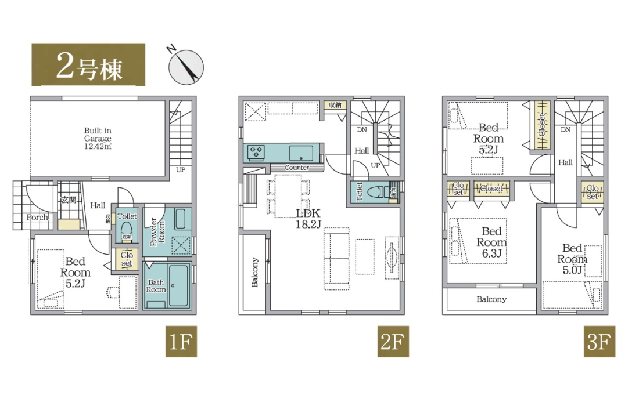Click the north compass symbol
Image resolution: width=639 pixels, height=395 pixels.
[186, 67]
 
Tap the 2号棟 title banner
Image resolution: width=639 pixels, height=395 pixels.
[88, 65]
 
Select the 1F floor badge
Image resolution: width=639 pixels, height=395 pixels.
[181, 341]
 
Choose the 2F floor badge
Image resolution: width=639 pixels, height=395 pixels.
[393, 341]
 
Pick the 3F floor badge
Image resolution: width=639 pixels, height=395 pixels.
[599, 341]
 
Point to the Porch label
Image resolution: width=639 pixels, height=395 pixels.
[37, 218]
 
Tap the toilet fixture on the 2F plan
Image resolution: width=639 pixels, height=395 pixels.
[377, 191]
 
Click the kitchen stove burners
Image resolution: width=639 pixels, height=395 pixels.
[256, 152]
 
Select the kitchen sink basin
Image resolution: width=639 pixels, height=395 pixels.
[301, 153]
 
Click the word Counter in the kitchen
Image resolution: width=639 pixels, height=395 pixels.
[297, 168]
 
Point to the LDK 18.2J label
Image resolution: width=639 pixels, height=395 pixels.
[308, 219]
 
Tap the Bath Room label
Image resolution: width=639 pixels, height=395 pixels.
[156, 285]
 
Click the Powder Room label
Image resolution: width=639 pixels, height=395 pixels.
[157, 231]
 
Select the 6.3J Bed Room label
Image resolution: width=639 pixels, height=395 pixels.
[491, 242]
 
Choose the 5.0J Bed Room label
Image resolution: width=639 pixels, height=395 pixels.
[572, 259]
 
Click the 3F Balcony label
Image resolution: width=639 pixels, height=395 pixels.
[491, 299]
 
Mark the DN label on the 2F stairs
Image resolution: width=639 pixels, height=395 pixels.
[362, 130]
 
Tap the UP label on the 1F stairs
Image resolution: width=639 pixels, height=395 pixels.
[181, 169]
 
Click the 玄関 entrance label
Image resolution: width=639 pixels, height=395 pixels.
[69, 200]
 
